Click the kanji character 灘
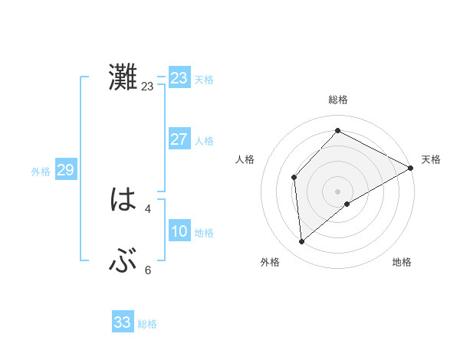click(x=123, y=78)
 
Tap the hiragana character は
click(x=123, y=201)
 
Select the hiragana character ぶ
click(x=123, y=262)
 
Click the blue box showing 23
click(x=179, y=78)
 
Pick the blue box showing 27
click(x=179, y=139)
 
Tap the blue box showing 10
click(x=179, y=231)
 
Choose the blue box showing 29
click(x=66, y=170)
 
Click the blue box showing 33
click(x=123, y=322)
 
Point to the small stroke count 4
click(x=148, y=208)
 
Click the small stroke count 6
click(x=148, y=270)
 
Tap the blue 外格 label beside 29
click(x=41, y=172)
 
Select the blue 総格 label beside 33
click(x=147, y=324)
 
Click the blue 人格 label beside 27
click(x=204, y=141)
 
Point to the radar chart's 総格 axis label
click(x=337, y=100)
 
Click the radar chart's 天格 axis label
click(x=431, y=159)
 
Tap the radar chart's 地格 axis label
click(x=402, y=262)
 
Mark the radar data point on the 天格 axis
click(x=411, y=167)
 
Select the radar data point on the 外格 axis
click(x=302, y=242)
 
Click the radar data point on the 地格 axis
click(x=347, y=204)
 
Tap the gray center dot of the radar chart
click(x=337, y=191)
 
